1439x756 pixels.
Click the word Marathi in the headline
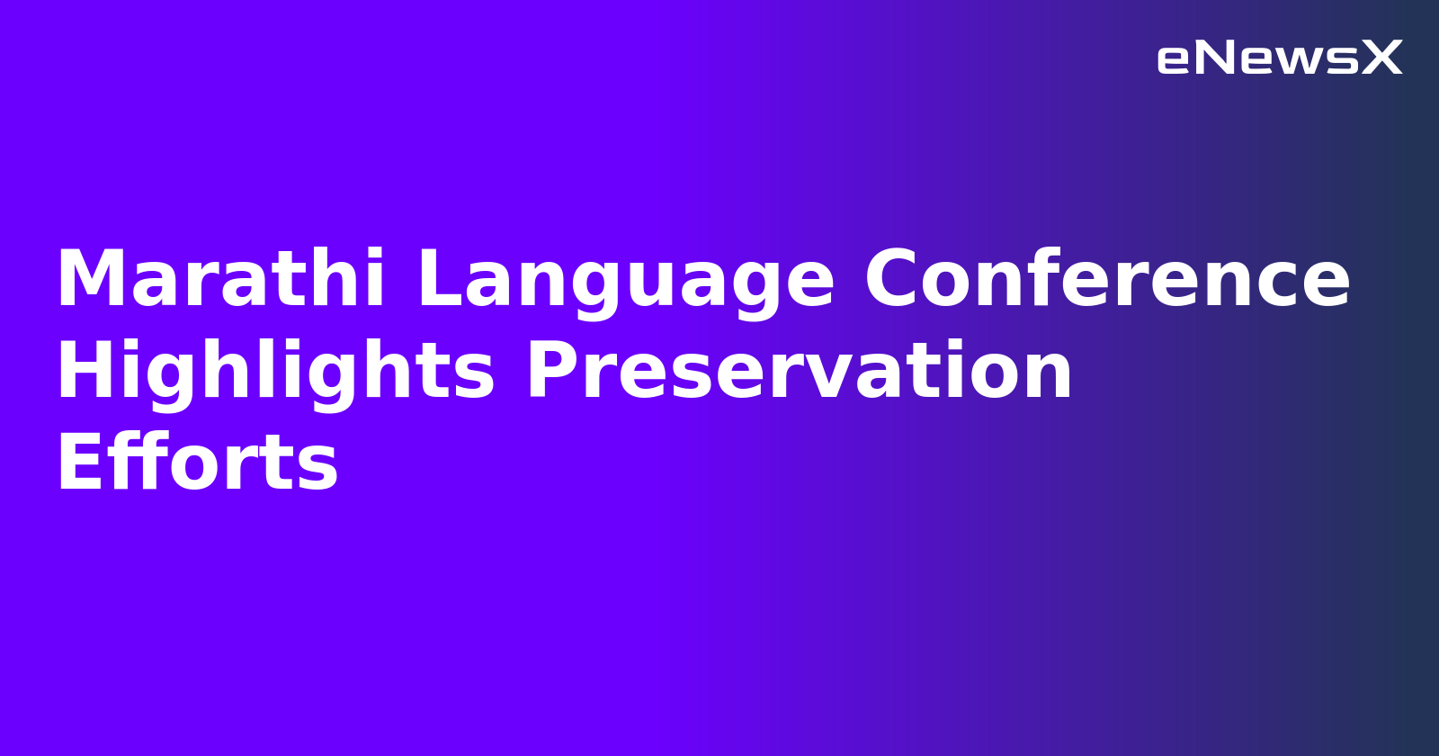click(221, 280)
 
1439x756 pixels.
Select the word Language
click(626, 280)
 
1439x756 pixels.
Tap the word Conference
click(1107, 280)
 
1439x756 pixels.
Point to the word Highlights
click(275, 372)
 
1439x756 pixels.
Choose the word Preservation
click(800, 372)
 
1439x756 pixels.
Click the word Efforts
click(197, 463)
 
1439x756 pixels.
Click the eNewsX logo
click(1279, 58)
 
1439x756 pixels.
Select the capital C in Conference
click(896, 280)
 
